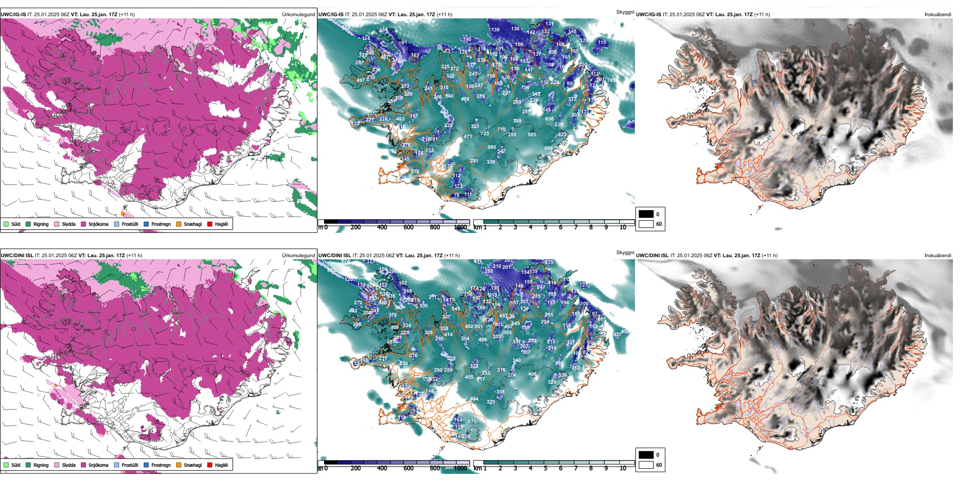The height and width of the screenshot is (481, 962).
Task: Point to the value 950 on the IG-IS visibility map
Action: coord(492,147)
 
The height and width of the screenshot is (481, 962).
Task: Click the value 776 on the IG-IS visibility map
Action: coord(501,130)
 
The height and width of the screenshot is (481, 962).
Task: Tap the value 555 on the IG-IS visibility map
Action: coord(532,135)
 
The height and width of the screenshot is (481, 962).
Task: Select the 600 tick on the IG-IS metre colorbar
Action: coord(408,227)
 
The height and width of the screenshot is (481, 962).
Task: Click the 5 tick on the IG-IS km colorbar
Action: coord(545,227)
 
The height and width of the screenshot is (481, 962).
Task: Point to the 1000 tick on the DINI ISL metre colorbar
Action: coord(460,468)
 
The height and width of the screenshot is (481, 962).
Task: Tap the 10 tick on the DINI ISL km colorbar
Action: coord(623,468)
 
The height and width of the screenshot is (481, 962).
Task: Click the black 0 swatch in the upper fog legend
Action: coord(646,214)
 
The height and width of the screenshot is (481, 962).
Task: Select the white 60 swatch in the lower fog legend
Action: coord(646,465)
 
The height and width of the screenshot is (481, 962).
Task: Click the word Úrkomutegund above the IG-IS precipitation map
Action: coord(298,15)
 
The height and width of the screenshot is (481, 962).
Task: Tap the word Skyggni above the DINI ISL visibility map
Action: coord(625,253)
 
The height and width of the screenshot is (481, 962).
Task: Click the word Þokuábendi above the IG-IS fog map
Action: coord(938,15)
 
